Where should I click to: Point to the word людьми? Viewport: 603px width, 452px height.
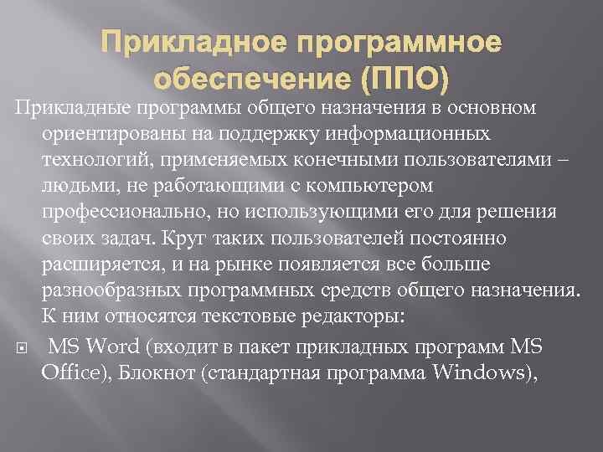click(72, 183)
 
